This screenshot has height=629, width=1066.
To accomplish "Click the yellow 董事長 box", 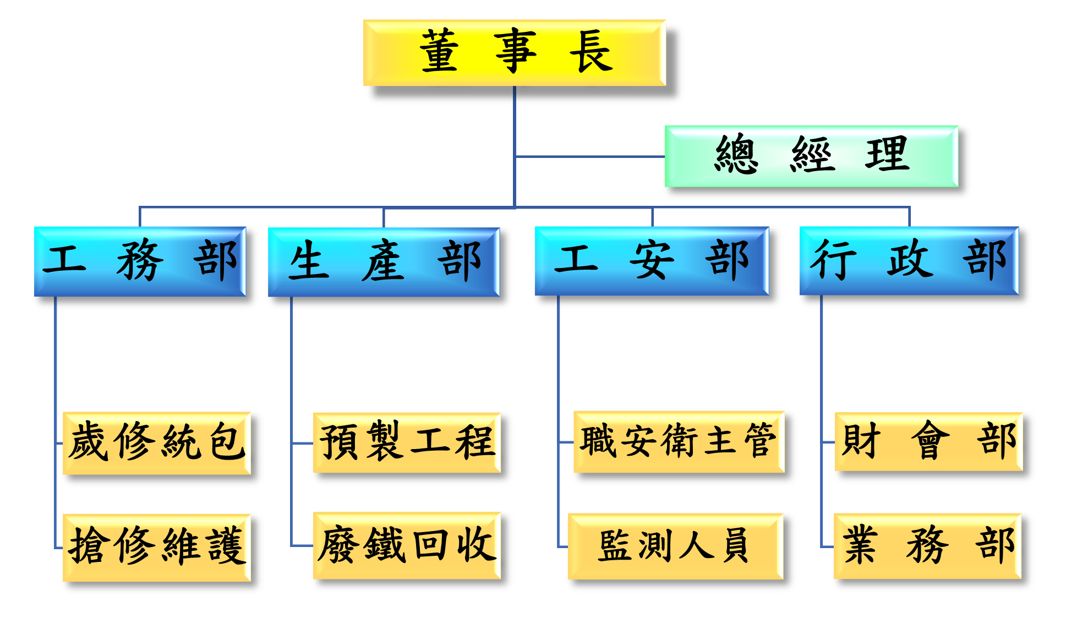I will click(x=515, y=53).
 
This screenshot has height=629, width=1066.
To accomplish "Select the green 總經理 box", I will click(x=811, y=156).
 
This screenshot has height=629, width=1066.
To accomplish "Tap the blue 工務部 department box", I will click(x=140, y=261).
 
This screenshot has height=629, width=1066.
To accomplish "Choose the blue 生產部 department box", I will click(x=384, y=262).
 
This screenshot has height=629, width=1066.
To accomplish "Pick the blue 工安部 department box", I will click(x=652, y=261).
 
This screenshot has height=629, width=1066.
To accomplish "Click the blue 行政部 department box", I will click(x=909, y=261).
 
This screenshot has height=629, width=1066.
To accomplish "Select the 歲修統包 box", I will click(x=157, y=442).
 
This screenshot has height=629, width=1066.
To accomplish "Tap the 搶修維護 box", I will click(x=157, y=547).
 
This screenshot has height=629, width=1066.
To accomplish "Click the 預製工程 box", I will click(x=407, y=442).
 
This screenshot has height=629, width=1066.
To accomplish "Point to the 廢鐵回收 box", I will click(x=407, y=545).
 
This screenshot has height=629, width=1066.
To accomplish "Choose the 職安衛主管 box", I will click(x=679, y=441).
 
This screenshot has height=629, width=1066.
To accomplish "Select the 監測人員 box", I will click(x=675, y=546).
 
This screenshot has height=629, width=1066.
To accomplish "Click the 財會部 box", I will click(x=928, y=441).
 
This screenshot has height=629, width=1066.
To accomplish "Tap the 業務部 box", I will click(x=927, y=546).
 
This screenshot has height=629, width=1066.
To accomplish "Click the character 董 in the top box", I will click(x=439, y=52).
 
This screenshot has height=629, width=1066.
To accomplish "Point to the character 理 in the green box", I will click(x=887, y=155).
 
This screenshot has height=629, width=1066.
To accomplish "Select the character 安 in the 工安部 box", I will click(x=652, y=260).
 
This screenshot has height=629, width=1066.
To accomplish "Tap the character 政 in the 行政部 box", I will click(x=909, y=260).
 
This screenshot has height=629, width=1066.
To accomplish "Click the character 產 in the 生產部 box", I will click(x=383, y=261).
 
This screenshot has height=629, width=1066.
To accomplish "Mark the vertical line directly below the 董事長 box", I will click(x=515, y=121).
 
